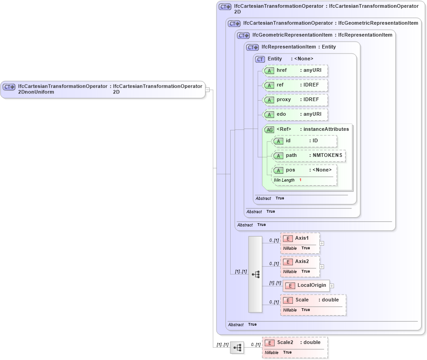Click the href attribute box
(296, 70)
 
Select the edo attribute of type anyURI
(296, 114)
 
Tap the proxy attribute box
(296, 100)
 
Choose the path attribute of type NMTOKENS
(309, 156)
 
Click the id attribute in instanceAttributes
(304, 141)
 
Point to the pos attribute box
(304, 170)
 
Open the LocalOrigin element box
(306, 285)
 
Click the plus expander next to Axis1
(322, 243)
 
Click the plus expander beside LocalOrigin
(332, 286)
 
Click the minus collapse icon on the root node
(207, 90)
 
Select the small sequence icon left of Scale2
(237, 348)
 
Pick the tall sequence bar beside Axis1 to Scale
(255, 274)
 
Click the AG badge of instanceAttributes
(270, 130)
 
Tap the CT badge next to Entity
(260, 59)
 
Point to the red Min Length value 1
(300, 180)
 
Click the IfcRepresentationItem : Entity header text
(298, 47)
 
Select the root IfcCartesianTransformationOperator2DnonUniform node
(103, 89)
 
